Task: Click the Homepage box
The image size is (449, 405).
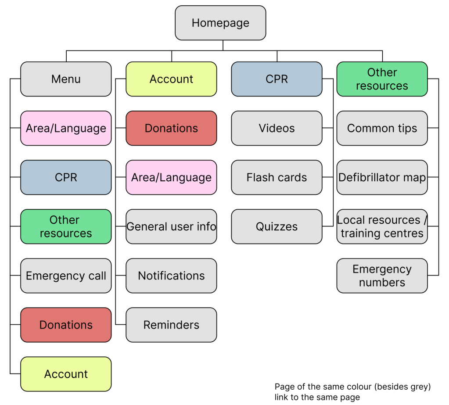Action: [x=220, y=23]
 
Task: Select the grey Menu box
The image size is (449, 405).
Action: [x=66, y=79]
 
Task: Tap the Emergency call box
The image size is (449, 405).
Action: [x=66, y=276]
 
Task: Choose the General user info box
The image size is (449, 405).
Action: [x=171, y=226]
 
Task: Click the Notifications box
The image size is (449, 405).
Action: [x=171, y=276]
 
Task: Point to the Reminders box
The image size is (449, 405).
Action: [x=171, y=325]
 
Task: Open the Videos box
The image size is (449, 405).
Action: [x=277, y=128]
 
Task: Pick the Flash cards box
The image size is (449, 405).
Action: [x=277, y=177]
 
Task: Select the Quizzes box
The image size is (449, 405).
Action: [x=277, y=226]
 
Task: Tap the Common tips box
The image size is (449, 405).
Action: [x=382, y=128]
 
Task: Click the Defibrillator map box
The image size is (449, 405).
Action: [x=382, y=177]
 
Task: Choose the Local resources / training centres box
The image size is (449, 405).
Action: [x=382, y=226]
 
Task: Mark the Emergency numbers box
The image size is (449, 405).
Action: [x=382, y=276]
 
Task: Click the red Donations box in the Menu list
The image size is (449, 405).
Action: [x=66, y=325]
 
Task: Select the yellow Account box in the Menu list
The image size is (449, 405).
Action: [x=66, y=374]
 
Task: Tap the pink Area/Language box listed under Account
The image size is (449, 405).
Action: [x=171, y=177]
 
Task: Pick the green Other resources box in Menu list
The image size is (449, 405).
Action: [x=66, y=226]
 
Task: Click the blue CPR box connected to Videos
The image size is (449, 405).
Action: [x=277, y=79]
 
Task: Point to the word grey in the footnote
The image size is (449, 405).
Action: [x=419, y=387]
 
